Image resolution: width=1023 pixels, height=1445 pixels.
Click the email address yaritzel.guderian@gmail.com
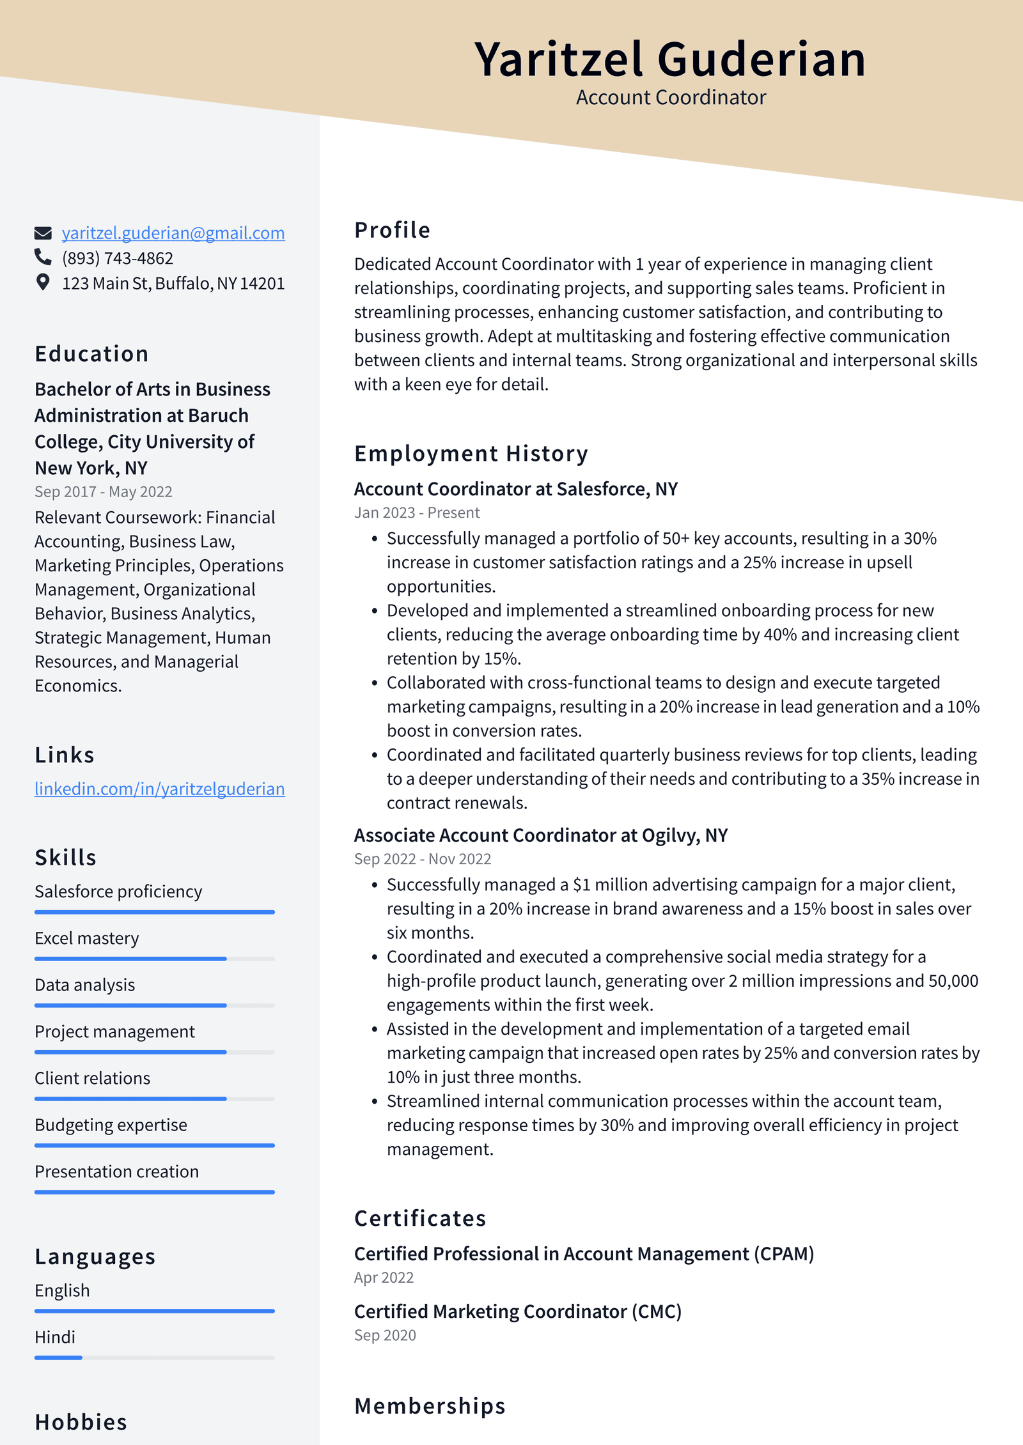pos(173,233)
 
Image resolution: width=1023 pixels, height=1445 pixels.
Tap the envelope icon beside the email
pos(43,233)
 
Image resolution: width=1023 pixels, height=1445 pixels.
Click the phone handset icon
pos(43,257)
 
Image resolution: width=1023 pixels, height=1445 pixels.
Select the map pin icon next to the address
pos(43,282)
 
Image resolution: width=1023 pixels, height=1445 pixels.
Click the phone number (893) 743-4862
pos(118,258)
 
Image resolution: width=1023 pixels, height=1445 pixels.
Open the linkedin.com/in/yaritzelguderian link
pos(159,789)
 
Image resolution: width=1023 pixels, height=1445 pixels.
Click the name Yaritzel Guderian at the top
pos(669,59)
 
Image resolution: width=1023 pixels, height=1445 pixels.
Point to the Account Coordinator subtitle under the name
pos(670,98)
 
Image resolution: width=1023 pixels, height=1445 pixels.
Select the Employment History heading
pos(471,454)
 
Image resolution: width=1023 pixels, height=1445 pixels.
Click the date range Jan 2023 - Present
pos(417,513)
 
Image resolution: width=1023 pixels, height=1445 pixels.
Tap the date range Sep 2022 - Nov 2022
pos(422,859)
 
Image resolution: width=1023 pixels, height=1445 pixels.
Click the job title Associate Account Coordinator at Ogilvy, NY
pos(540,835)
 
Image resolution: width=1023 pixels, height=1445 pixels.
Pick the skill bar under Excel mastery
pos(154,959)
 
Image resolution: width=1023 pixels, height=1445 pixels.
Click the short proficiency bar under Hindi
pos(58,1357)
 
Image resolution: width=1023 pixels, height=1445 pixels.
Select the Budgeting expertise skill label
pos(111,1125)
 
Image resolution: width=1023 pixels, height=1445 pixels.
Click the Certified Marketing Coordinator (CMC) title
pos(517,1311)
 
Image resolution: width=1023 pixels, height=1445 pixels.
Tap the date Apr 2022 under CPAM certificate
pos(384,1278)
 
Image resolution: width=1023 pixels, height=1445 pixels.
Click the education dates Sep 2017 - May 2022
pos(103,491)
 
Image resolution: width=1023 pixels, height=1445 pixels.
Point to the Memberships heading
pos(430,1406)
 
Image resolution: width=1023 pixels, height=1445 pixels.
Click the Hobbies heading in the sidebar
pos(81,1422)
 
